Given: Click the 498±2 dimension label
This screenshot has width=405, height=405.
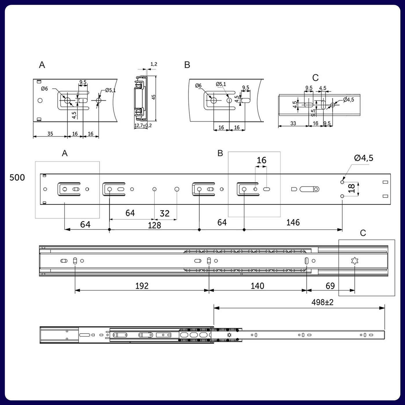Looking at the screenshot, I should [x=322, y=302].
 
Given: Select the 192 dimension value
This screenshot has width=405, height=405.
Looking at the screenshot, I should [x=142, y=286].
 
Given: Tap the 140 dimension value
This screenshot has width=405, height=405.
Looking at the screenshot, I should [x=257, y=286].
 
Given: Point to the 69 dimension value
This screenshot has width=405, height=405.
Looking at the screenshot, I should [x=330, y=286].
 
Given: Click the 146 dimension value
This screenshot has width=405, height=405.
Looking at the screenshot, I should [x=293, y=222].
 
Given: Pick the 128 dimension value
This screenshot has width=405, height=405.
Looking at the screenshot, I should [x=154, y=225].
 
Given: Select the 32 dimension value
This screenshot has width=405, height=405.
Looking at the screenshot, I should [x=165, y=213].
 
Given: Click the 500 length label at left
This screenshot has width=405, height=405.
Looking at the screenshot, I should [x=17, y=177].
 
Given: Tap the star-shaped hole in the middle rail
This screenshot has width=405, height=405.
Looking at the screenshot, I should [x=354, y=261].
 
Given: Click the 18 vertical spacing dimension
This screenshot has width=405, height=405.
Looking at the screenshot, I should [x=351, y=188].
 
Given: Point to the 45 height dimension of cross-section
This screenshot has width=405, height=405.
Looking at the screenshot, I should [x=154, y=97].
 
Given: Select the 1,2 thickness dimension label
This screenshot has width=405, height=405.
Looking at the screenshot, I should [x=154, y=64].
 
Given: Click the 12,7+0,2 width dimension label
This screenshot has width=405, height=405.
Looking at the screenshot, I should [x=143, y=126].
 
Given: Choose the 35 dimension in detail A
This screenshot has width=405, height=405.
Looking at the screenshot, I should [x=50, y=134].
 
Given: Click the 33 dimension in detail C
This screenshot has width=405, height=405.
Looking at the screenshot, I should [x=293, y=124].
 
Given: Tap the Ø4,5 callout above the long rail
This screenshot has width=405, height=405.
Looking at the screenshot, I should [x=363, y=158].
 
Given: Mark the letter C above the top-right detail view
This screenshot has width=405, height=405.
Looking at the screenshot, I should [x=315, y=78].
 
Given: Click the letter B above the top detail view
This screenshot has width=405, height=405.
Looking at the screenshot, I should [x=187, y=65].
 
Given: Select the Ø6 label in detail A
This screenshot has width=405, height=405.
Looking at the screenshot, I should [x=44, y=89].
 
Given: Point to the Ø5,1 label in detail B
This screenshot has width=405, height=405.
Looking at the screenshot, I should [x=221, y=84].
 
